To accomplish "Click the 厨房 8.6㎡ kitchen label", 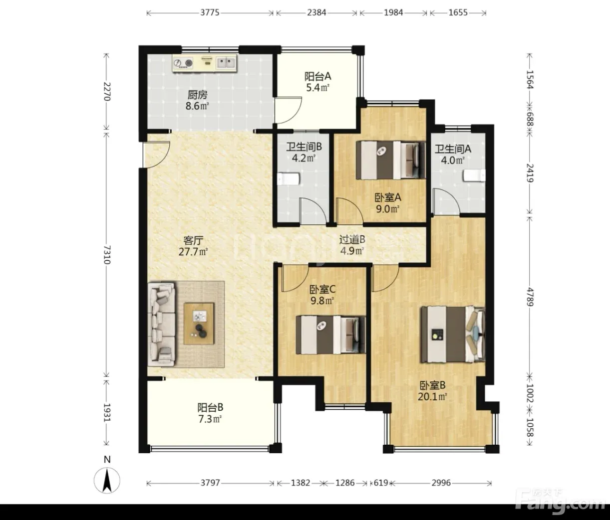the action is coord(198,100).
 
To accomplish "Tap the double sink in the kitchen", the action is coord(226,63).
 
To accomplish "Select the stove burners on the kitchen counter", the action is coord(183,63).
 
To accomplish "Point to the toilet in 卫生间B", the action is coord(289,179).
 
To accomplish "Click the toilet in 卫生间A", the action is coord(474,176).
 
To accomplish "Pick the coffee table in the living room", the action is coord(199,324).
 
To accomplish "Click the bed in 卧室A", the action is coord(390,160).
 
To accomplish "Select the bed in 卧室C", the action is coord(331,335).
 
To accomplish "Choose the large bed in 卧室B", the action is coord(453,334).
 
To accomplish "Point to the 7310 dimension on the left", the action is coord(107,255).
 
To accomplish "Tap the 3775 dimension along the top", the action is coord(210,12).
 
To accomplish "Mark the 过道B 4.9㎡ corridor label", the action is coord(352,245).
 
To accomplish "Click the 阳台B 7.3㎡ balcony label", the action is coord(210,413).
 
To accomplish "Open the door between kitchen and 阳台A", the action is coord(287,110).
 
